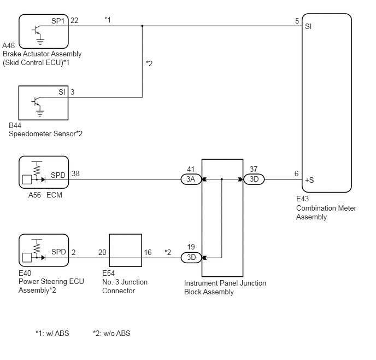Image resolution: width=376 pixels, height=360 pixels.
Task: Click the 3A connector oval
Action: (191, 179)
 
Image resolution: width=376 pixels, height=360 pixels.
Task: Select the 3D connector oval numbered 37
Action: (254, 179)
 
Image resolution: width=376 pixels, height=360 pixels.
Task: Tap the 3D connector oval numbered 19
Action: (191, 258)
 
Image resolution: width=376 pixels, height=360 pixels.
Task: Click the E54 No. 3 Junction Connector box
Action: (125, 251)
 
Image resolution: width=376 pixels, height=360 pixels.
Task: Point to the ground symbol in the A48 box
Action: (40, 42)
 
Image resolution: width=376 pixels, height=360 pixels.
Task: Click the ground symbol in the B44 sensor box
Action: (40, 113)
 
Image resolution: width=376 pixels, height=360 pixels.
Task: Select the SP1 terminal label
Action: (58, 21)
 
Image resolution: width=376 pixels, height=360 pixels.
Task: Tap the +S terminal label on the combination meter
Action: (309, 180)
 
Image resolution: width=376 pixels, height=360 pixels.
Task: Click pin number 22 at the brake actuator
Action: (74, 20)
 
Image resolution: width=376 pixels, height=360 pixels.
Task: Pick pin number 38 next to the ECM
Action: (75, 173)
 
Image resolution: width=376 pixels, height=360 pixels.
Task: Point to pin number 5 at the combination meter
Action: (297, 21)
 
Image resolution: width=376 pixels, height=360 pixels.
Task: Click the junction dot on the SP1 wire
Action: (142, 26)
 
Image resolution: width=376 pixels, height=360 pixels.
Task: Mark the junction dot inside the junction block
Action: (221, 179)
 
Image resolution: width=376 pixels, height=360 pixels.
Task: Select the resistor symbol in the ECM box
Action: (37, 170)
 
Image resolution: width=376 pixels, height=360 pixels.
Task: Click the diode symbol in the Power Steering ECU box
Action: (43, 258)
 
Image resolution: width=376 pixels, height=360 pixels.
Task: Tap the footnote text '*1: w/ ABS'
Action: (52, 333)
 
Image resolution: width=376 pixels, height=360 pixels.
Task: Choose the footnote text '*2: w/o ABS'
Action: (111, 333)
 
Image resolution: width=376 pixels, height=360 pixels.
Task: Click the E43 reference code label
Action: (302, 199)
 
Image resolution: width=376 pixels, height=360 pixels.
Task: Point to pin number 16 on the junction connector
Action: (148, 252)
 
